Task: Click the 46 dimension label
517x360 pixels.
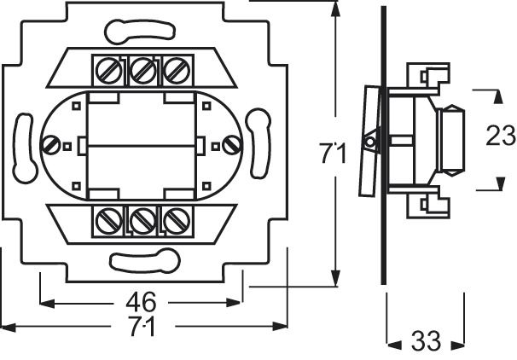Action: tap(142, 302)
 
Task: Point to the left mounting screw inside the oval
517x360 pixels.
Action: tap(54, 145)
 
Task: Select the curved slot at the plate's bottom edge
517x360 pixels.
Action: tap(142, 255)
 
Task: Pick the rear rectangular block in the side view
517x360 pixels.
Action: tap(451, 136)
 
